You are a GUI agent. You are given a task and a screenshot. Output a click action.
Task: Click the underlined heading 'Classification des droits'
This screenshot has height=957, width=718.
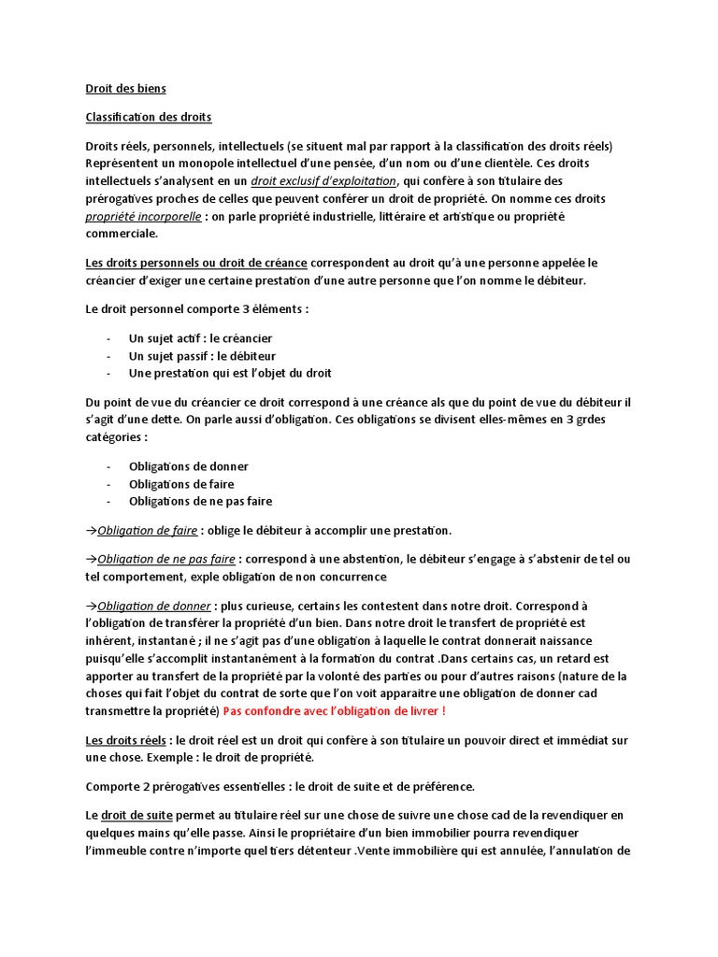click(149, 117)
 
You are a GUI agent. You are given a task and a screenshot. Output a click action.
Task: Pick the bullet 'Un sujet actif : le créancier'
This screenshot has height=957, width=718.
click(200, 338)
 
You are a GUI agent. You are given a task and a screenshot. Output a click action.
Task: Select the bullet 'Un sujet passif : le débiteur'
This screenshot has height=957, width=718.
click(202, 356)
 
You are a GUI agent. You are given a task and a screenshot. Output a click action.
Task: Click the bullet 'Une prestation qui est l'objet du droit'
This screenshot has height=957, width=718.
click(230, 373)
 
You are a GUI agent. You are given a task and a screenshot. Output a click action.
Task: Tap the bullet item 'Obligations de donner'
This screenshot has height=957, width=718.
click(189, 466)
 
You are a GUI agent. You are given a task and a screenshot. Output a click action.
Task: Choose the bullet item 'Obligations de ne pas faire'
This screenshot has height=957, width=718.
click(200, 501)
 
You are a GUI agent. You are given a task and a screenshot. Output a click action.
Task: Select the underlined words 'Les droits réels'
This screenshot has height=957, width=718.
click(126, 740)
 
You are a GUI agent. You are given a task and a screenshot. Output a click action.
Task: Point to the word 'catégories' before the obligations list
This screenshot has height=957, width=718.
click(116, 436)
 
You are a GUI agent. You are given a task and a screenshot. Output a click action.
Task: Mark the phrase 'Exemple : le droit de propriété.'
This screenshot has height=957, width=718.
click(228, 757)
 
